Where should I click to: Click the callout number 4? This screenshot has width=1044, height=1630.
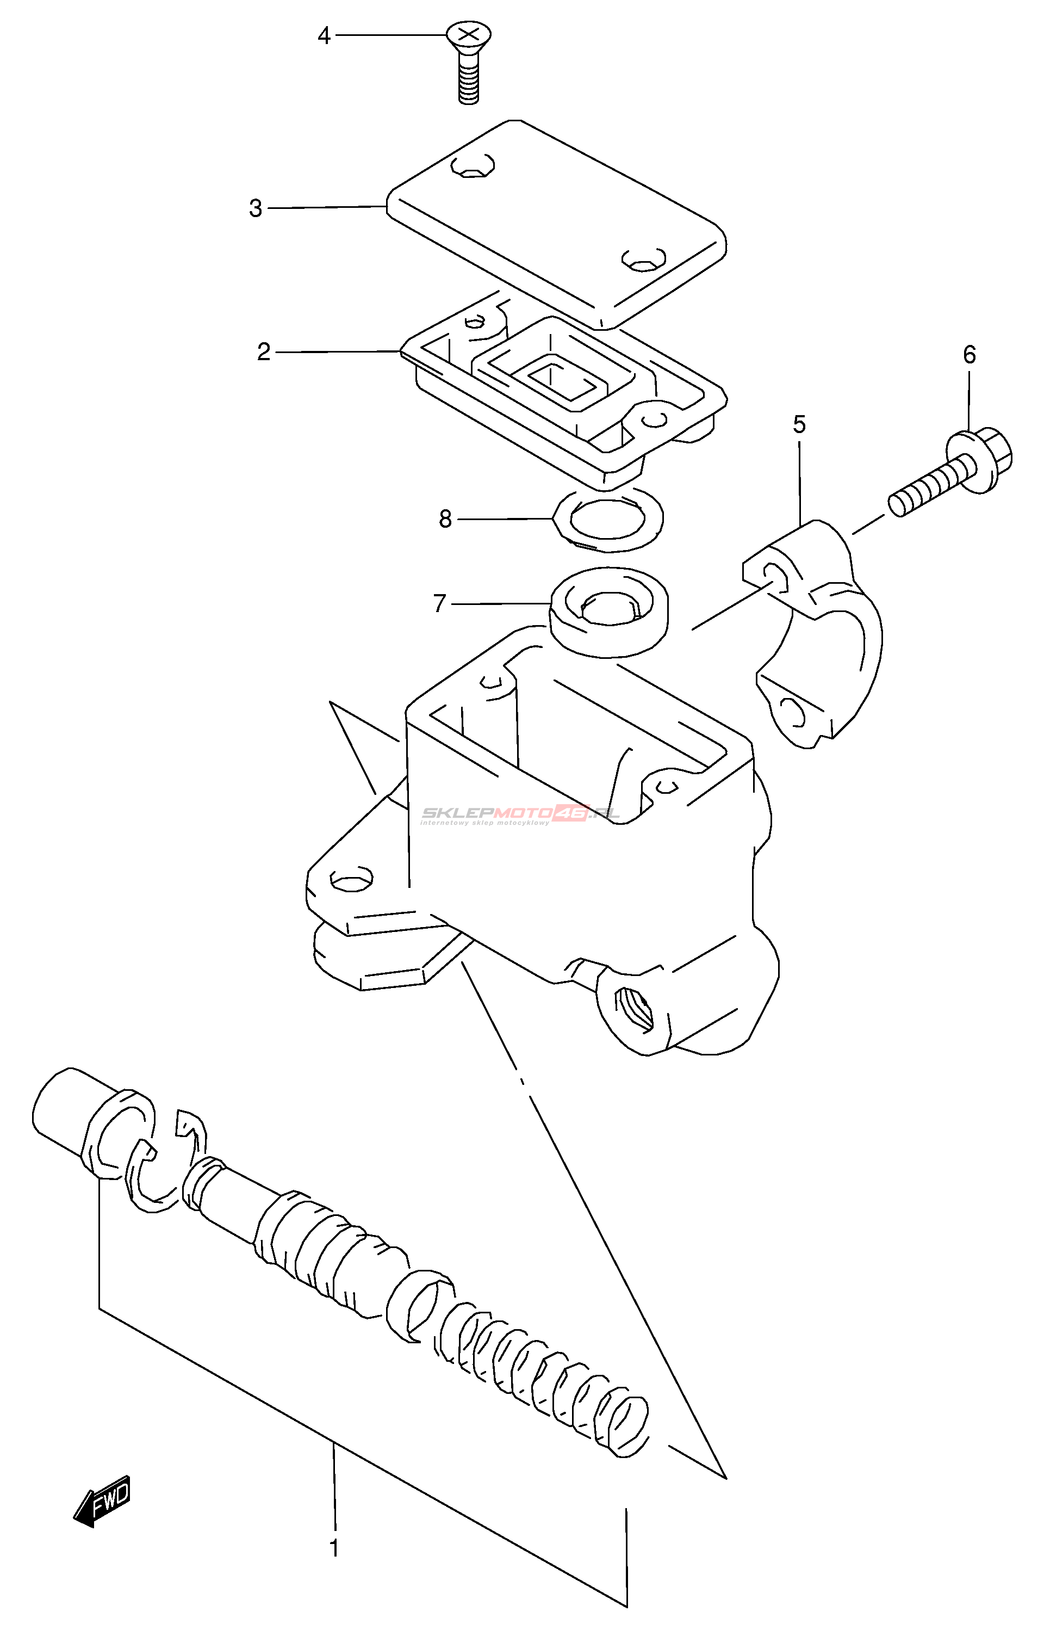(324, 35)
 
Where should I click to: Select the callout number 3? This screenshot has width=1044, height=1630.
(255, 208)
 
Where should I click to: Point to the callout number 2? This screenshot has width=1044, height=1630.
(264, 351)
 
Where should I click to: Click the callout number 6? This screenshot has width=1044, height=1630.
(970, 354)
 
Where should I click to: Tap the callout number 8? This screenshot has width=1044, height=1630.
(445, 519)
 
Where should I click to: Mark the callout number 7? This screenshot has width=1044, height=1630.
(439, 602)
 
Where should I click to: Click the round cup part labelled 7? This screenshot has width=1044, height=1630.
(608, 610)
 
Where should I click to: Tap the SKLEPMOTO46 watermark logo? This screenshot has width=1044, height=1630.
(519, 814)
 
